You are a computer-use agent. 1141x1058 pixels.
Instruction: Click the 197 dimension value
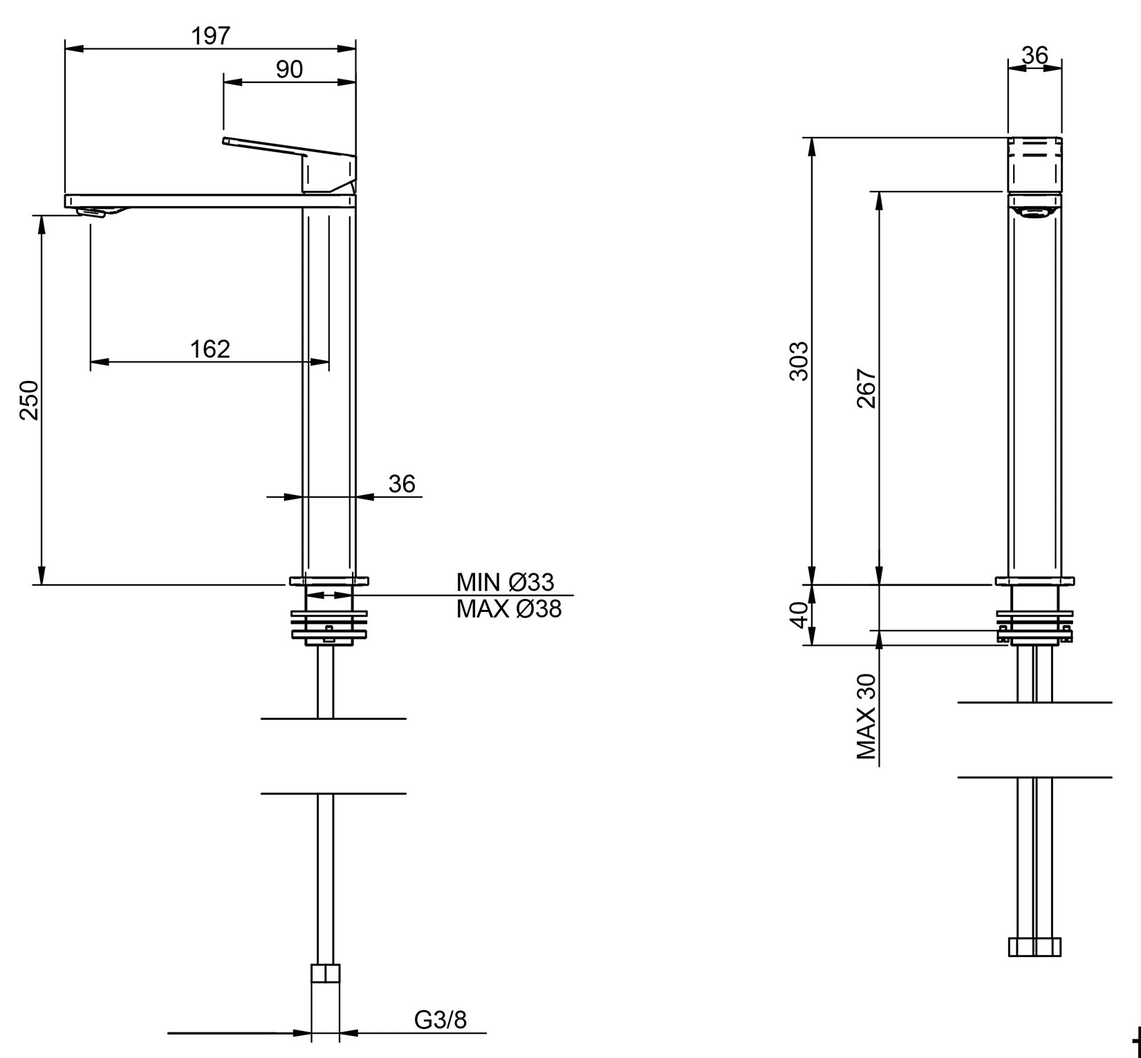(210, 36)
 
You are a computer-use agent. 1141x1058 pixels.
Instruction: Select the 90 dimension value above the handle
(289, 69)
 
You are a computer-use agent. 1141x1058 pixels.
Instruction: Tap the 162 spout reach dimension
(210, 349)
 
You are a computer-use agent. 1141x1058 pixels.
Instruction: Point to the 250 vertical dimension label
(30, 400)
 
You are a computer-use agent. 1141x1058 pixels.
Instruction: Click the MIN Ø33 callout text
(505, 582)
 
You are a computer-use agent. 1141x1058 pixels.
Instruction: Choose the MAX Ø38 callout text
(508, 609)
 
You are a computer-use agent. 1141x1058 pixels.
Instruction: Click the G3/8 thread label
(440, 1019)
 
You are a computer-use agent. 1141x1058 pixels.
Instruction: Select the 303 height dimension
(799, 360)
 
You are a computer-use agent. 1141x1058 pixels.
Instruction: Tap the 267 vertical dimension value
(866, 389)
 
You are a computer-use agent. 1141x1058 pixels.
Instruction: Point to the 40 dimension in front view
(799, 614)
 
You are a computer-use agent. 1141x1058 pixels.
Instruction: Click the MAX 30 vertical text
(866, 717)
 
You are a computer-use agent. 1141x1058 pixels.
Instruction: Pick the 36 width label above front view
(1035, 55)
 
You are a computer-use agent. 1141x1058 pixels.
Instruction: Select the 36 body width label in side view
(401, 483)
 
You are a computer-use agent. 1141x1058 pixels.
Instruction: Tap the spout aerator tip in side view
(93, 212)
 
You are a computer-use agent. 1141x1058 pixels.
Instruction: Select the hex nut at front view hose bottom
(1035, 947)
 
